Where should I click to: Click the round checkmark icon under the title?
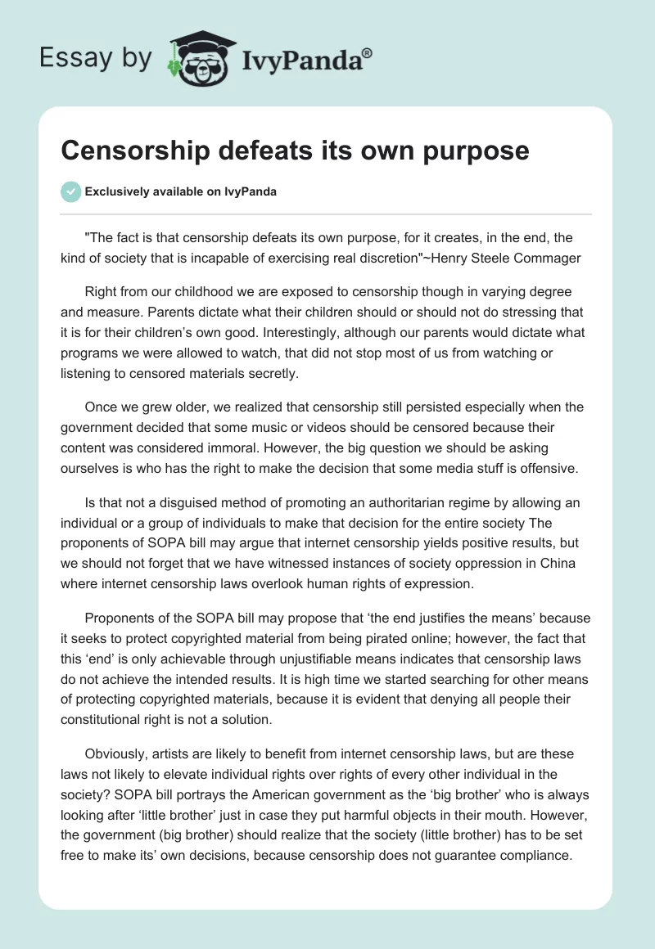click(71, 191)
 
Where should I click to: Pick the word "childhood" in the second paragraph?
click(192, 291)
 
